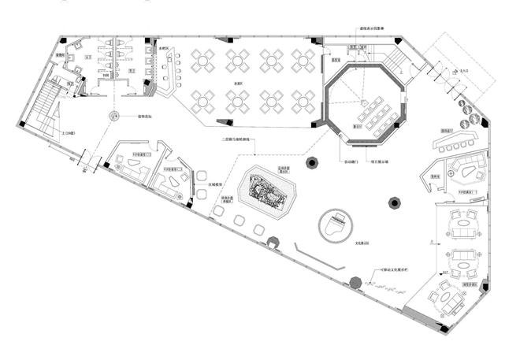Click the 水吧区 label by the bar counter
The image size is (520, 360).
(165, 48)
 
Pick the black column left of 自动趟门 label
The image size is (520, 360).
(312, 163)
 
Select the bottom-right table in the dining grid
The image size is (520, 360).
(303, 100)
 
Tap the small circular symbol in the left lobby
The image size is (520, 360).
(113, 117)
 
